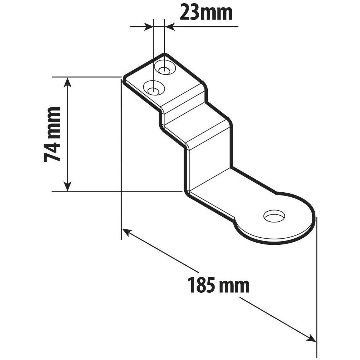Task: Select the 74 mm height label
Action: (x=52, y=134)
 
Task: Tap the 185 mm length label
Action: (x=218, y=286)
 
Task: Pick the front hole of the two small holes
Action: (x=154, y=89)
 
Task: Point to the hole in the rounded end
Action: (x=274, y=216)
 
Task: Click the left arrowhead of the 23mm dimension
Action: (x=148, y=26)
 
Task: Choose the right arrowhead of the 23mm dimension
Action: (x=170, y=26)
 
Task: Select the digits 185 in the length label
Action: (x=198, y=286)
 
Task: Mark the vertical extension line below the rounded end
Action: (x=316, y=288)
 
